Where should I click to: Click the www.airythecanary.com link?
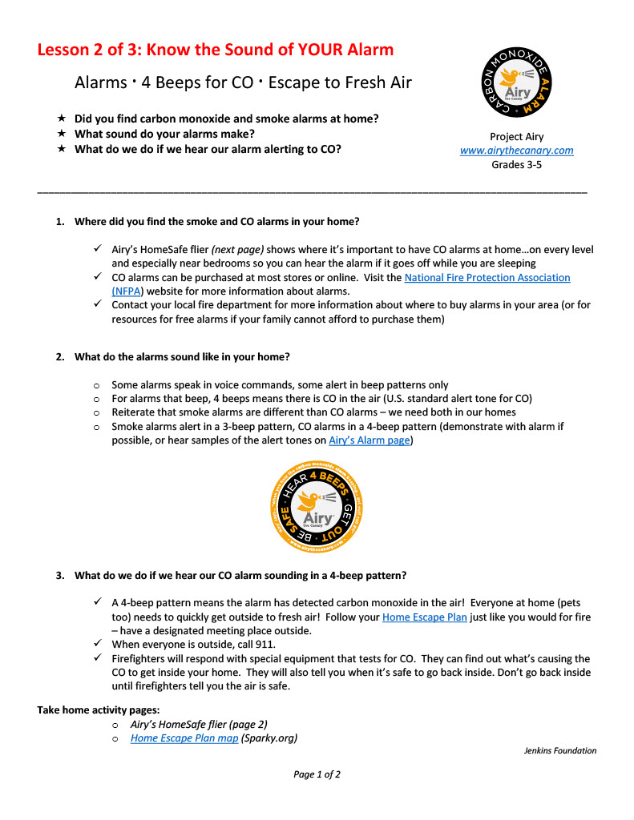pos(516,151)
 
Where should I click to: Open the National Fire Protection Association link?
pos(487,278)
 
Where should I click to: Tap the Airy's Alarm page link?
pos(369,440)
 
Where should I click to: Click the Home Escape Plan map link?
pos(184,738)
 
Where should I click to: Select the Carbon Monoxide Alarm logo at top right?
pos(515,85)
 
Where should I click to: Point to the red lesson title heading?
pos(216,50)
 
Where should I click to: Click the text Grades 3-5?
pos(516,165)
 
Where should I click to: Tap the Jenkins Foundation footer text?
pos(560,751)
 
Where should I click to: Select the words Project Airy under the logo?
pos(516,137)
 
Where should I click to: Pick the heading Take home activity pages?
pos(99,709)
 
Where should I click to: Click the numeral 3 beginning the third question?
pos(59,576)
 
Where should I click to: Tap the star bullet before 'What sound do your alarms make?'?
pos(61,134)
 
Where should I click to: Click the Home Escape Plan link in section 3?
pos(424,617)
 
